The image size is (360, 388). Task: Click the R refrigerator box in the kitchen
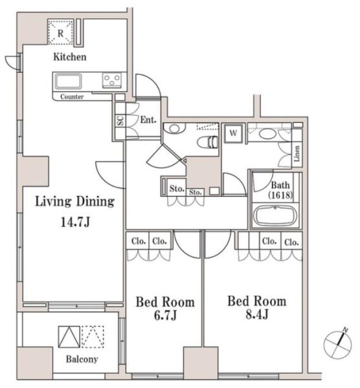[x=60, y=32]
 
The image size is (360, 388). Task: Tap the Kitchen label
[x=70, y=57]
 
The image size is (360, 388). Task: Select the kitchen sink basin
[x=68, y=81]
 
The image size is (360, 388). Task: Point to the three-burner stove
[x=112, y=80]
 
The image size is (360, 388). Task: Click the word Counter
[x=72, y=96]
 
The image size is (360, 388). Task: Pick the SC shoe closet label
[x=120, y=121]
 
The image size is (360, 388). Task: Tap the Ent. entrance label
[x=148, y=120]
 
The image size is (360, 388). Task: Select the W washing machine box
[x=233, y=133]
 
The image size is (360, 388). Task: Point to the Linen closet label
[x=297, y=153]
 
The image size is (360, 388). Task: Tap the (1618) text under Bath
[x=280, y=195]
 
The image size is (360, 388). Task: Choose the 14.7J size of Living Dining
[x=75, y=222]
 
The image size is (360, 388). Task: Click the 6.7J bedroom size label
[x=165, y=316]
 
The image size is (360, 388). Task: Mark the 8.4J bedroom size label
[x=257, y=314]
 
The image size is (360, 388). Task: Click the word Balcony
[x=82, y=359]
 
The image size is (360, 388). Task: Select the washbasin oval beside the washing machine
[x=267, y=134]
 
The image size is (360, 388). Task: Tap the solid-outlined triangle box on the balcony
[x=69, y=337]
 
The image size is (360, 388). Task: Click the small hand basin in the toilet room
[x=174, y=129]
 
